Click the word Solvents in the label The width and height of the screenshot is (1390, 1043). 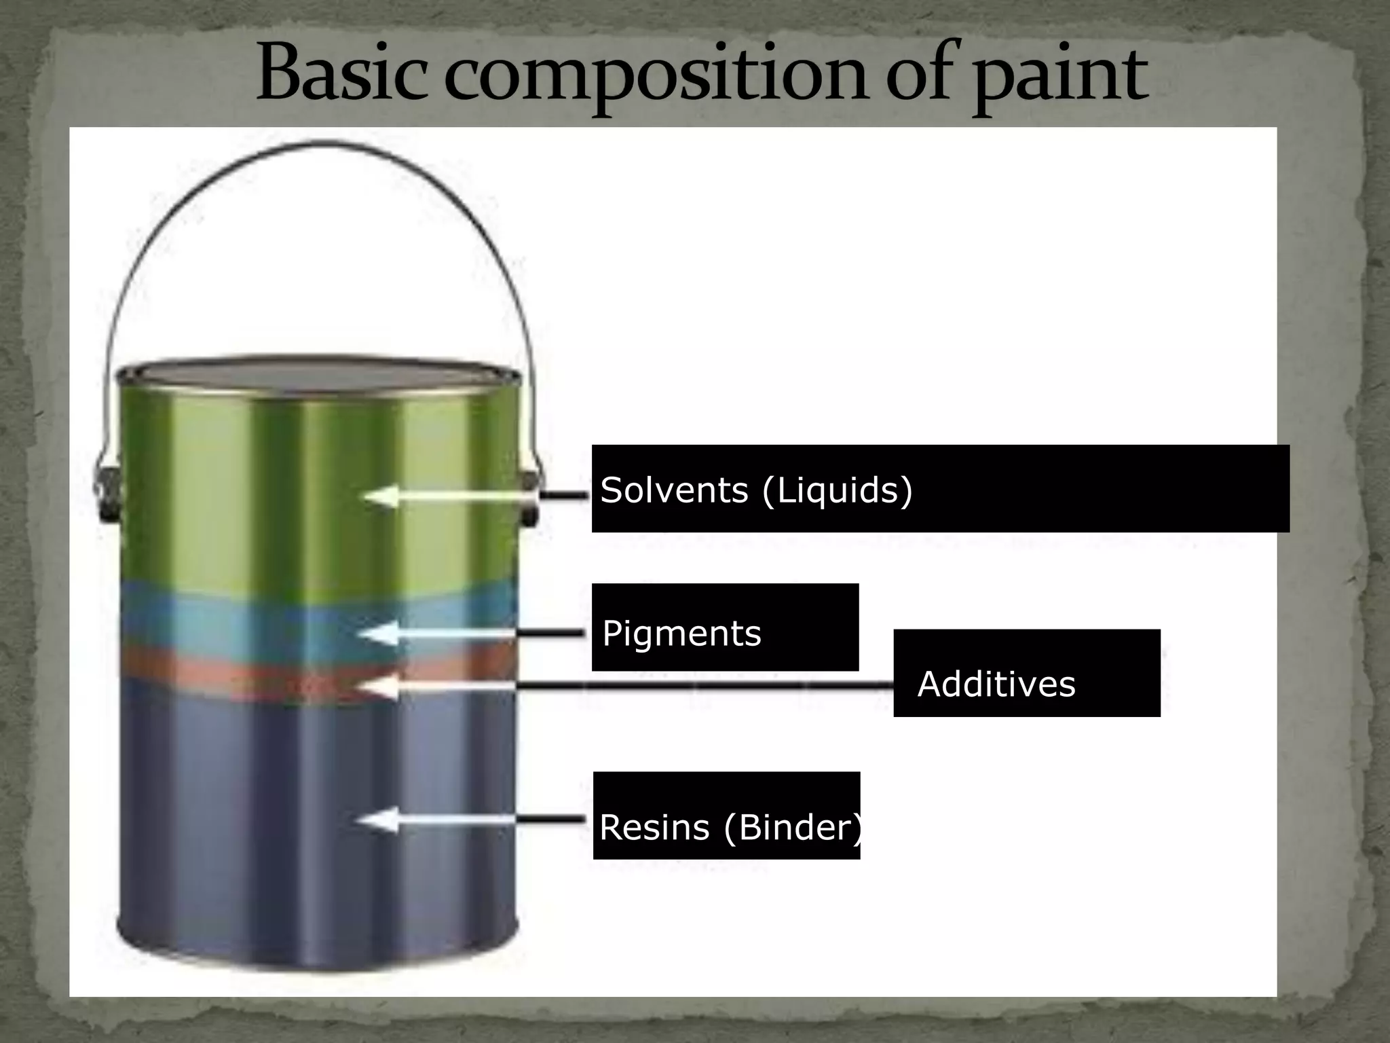click(x=673, y=490)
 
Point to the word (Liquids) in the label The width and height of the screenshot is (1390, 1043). click(x=838, y=491)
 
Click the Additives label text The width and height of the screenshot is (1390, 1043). click(x=996, y=684)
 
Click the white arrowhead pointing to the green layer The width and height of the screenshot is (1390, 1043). click(x=380, y=496)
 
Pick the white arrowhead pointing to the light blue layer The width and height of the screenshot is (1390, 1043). click(x=377, y=634)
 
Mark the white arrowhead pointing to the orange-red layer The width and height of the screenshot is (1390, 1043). click(x=377, y=687)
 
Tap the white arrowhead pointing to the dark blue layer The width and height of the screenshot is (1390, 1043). click(x=375, y=820)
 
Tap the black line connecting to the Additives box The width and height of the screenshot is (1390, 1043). click(x=706, y=686)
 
